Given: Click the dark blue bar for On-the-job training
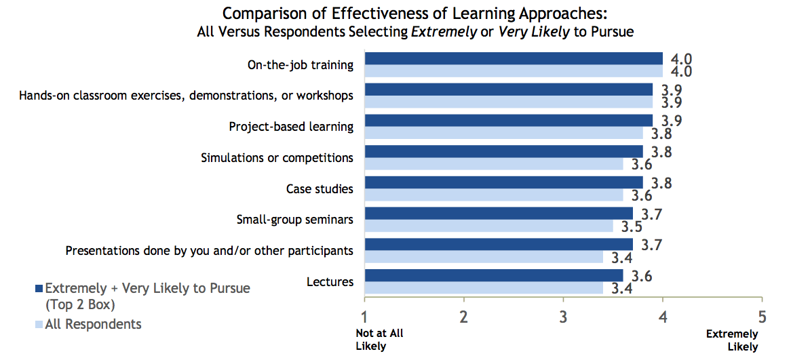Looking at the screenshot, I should pyautogui.click(x=514, y=58).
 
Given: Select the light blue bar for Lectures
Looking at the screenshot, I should pyautogui.click(x=484, y=288).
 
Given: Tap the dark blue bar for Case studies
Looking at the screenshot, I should pyautogui.click(x=503, y=182).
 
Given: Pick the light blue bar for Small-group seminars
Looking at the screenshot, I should pyautogui.click(x=488, y=226).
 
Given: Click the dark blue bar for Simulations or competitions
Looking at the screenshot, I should pyautogui.click(x=503, y=151).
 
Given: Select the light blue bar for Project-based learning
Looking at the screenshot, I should pyautogui.click(x=503, y=133).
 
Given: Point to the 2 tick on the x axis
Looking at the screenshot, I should pyautogui.click(x=464, y=316).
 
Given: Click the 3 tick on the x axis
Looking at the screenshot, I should pyautogui.click(x=563, y=316).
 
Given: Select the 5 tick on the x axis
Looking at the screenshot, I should pyautogui.click(x=762, y=316).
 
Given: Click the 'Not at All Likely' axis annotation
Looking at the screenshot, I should pyautogui.click(x=379, y=340).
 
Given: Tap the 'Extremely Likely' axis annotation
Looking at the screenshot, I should pyautogui.click(x=732, y=340).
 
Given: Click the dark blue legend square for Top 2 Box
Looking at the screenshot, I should pyautogui.click(x=39, y=289).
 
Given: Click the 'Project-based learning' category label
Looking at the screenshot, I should pyautogui.click(x=290, y=127).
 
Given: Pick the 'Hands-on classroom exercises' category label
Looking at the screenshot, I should pyautogui.click(x=186, y=96).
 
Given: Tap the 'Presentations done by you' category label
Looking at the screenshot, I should pyautogui.click(x=209, y=251).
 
